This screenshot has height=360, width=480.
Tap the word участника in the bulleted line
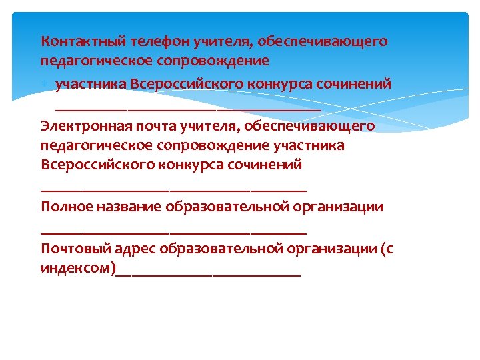tap(91, 85)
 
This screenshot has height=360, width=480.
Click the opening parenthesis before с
tap(382, 250)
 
